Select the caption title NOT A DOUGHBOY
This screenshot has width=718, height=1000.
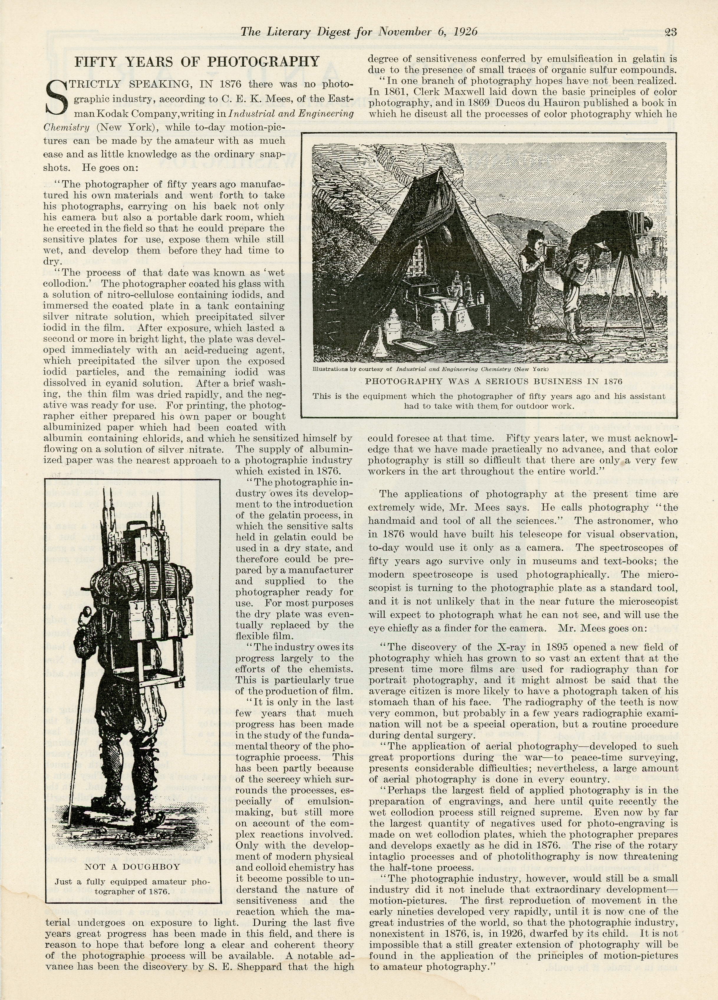(x=132, y=866)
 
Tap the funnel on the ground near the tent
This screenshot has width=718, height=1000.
(x=378, y=346)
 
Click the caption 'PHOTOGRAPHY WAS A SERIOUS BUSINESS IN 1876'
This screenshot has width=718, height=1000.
(x=493, y=381)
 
